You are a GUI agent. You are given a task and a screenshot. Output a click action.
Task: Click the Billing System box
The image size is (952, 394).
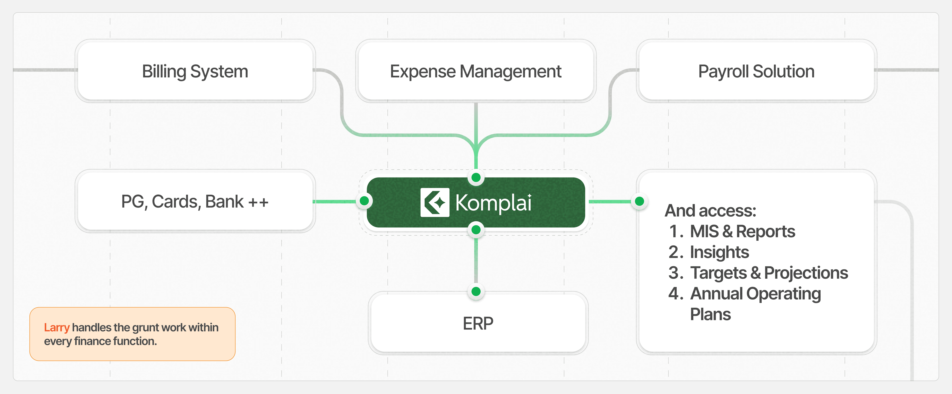[195, 71]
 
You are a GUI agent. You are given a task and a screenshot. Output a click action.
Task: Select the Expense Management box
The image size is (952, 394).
[476, 71]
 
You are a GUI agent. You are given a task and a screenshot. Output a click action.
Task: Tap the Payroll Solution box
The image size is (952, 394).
[756, 71]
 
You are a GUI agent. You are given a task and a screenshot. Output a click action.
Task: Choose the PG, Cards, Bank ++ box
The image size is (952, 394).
[195, 201]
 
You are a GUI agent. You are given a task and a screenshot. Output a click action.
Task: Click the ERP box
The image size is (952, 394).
[478, 323]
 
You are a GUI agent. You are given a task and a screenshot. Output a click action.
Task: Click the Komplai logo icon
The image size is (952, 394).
[435, 202]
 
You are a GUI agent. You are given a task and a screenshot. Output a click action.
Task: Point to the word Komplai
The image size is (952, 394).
[493, 203]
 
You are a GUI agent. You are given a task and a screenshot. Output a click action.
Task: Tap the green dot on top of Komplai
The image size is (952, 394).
[476, 177]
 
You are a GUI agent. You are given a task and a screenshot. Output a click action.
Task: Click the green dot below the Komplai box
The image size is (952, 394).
[476, 230]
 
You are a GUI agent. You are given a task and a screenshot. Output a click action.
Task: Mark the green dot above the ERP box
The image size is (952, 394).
[476, 291]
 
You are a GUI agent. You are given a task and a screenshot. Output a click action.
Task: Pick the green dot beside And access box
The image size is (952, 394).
[639, 201]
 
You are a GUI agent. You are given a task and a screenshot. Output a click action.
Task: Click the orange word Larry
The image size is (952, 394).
[57, 327]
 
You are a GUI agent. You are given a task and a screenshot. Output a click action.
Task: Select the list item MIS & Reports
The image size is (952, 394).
[742, 231]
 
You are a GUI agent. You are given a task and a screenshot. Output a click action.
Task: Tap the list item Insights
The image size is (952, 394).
[719, 252]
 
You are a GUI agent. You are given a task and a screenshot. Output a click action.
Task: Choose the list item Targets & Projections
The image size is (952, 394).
[769, 273]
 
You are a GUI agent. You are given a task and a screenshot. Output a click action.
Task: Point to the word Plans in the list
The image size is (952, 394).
[710, 314]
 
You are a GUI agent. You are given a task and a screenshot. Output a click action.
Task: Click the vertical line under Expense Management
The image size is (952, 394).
[476, 118]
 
